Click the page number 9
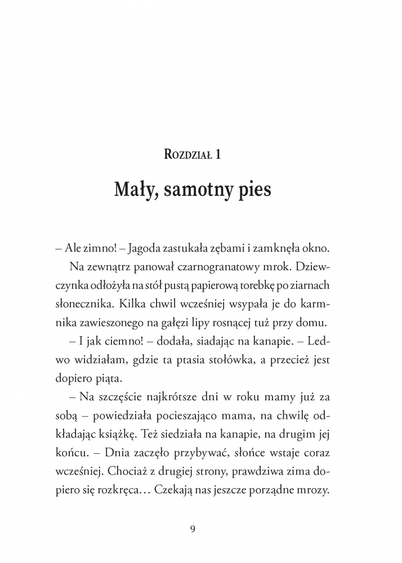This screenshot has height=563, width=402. click(193, 529)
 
